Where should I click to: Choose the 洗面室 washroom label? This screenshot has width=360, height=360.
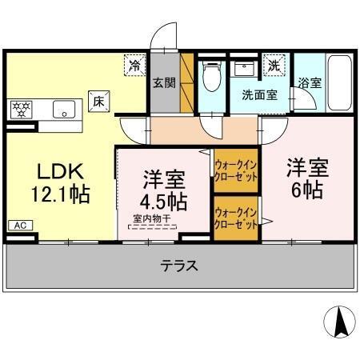coord(260,94)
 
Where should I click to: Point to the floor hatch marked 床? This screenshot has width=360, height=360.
coord(99,102)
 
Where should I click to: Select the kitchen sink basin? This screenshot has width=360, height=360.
coord(64,109)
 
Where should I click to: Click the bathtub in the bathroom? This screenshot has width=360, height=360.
coord(340,83)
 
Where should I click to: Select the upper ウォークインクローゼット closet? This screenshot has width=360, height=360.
coord(235,171)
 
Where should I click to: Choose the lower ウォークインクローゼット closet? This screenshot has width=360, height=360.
coord(235,218)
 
